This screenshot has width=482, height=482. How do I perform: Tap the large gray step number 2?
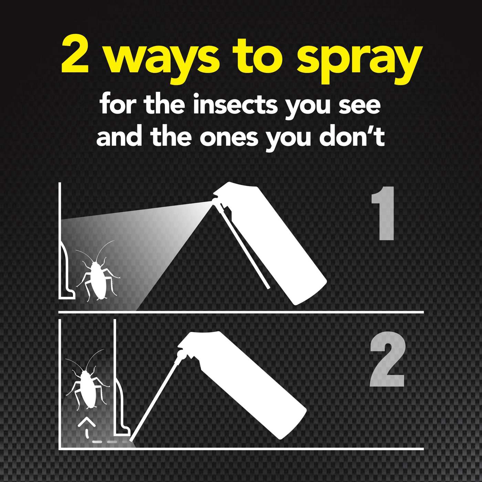tap(386, 360)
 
